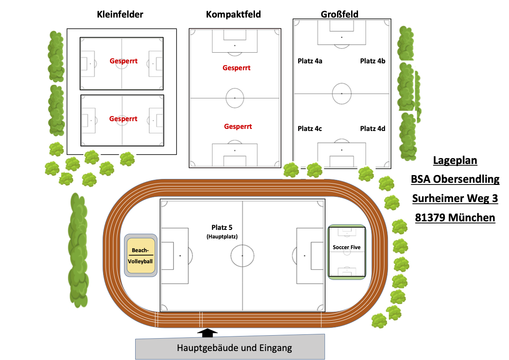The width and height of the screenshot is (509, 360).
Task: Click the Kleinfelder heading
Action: click(x=120, y=14)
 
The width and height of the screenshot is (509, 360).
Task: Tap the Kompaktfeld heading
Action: click(x=234, y=15)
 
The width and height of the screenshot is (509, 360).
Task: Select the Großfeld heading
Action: click(x=340, y=15)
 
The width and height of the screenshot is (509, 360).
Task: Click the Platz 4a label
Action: click(x=310, y=61)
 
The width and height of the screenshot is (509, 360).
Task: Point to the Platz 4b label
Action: click(x=373, y=61)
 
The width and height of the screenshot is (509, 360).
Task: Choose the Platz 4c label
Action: click(x=310, y=129)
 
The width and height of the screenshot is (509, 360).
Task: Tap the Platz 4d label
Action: click(x=373, y=129)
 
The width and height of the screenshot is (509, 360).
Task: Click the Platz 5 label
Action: click(x=222, y=227)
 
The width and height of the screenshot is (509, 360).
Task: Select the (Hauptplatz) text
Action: click(x=222, y=237)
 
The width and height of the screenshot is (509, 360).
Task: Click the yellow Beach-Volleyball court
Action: click(x=141, y=256)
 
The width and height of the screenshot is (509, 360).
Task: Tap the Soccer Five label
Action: click(x=347, y=247)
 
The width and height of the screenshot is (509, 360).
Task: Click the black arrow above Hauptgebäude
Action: click(x=207, y=332)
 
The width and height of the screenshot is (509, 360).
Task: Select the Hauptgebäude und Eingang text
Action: click(x=234, y=348)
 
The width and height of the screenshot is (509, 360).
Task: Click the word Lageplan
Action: click(x=455, y=160)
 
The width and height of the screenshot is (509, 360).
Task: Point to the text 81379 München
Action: click(x=455, y=217)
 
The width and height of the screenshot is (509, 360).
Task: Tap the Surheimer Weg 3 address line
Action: click(x=455, y=198)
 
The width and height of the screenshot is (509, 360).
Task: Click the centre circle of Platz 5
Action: click(x=243, y=256)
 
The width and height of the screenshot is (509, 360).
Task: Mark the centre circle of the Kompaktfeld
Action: click(x=235, y=98)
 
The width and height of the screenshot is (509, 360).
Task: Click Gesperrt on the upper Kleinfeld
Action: click(x=124, y=61)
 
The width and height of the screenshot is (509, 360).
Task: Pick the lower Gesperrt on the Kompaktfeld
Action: click(x=238, y=126)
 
